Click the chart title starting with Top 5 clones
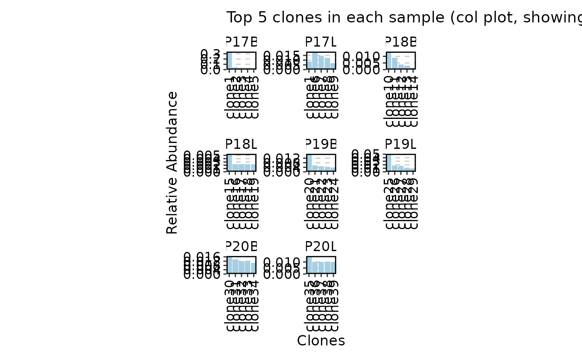pyautogui.click(x=327, y=17)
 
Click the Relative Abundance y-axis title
pyautogui.click(x=172, y=163)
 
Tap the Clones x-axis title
pyautogui.click(x=321, y=340)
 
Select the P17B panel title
pyautogui.click(x=241, y=42)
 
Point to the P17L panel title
pyautogui.click(x=321, y=42)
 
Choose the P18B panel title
pyautogui.click(x=400, y=42)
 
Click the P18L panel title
pyautogui.click(x=241, y=144)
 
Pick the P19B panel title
pyautogui.click(x=321, y=144)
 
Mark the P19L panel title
pyautogui.click(x=400, y=144)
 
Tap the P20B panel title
pyautogui.click(x=241, y=246)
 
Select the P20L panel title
pyautogui.click(x=321, y=246)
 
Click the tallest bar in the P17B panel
pyautogui.click(x=229, y=61)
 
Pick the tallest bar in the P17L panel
pyautogui.click(x=315, y=61)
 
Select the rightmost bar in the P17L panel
pyautogui.click(x=333, y=66)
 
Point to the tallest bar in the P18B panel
pyautogui.click(x=389, y=61)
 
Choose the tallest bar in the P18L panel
pyautogui.click(x=229, y=163)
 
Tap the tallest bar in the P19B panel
pyautogui.click(x=309, y=163)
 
